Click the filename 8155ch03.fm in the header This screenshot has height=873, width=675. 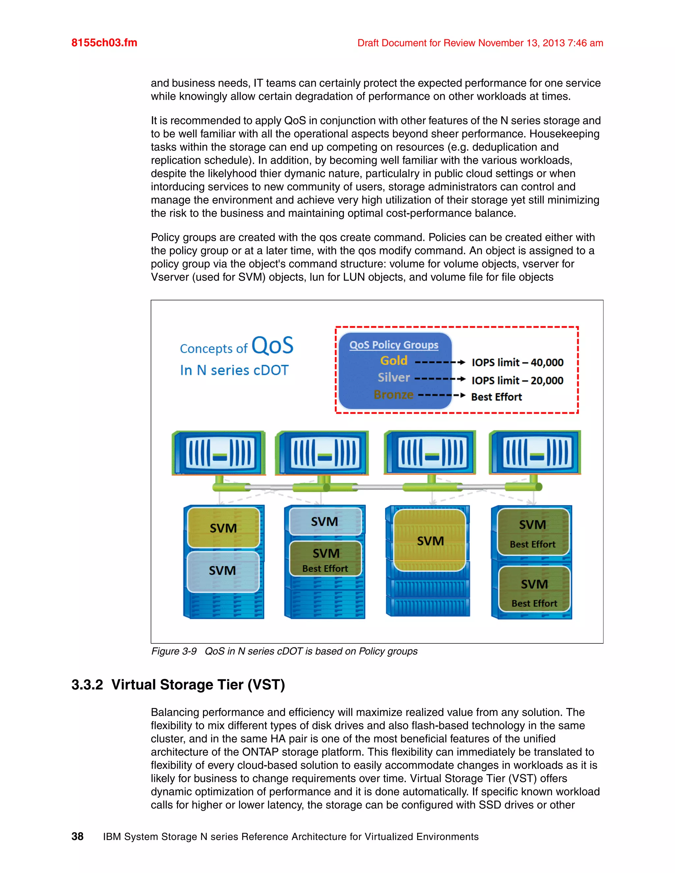104,43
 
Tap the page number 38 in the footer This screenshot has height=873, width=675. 77,836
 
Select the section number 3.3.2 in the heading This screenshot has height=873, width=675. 87,685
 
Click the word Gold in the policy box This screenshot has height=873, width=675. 394,360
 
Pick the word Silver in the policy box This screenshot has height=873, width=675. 394,377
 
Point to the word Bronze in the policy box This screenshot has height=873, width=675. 394,395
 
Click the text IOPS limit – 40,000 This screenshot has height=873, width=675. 517,363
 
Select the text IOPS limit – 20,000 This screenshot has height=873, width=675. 517,380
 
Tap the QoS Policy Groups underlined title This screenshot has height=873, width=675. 394,345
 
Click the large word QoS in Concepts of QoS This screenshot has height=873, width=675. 272,346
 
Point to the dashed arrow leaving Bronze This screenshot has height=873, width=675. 441,395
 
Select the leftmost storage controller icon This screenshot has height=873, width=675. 219,453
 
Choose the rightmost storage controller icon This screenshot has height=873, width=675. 535,453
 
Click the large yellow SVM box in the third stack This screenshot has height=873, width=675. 430,540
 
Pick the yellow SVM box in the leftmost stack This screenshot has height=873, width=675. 223,528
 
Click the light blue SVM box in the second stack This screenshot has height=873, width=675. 325,521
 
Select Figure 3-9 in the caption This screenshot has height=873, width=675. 174,651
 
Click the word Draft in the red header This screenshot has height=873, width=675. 368,43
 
